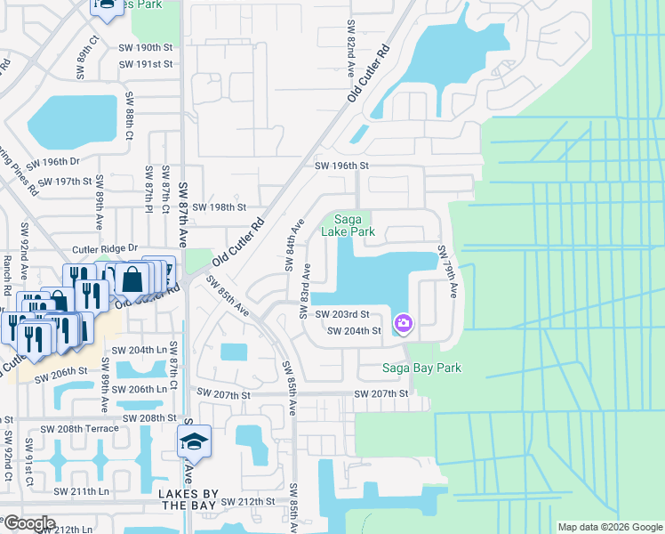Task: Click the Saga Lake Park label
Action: pyautogui.click(x=354, y=225)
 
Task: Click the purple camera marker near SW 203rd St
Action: pyautogui.click(x=403, y=322)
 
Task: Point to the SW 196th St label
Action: pyautogui.click(x=341, y=166)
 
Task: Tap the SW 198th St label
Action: pyautogui.click(x=218, y=206)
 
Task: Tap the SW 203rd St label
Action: pyautogui.click(x=342, y=314)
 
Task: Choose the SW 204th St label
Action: pyautogui.click(x=355, y=331)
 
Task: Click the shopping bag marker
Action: pyautogui.click(x=132, y=279)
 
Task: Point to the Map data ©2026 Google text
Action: pyautogui.click(x=610, y=527)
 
